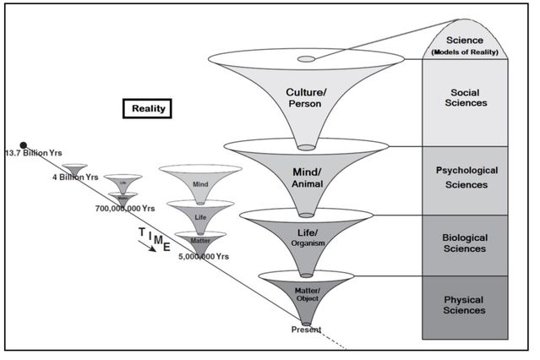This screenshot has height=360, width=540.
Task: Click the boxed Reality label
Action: (x=148, y=108)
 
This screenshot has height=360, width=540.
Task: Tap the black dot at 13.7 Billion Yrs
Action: (x=24, y=145)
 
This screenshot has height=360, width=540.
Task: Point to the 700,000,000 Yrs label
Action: (x=125, y=207)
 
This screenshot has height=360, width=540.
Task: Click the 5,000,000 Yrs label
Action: (x=205, y=255)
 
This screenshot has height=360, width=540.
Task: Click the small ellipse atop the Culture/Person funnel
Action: (x=306, y=59)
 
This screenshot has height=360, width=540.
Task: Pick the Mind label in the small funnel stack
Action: (x=200, y=183)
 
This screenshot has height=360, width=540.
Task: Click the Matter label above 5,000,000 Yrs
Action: (x=200, y=241)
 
